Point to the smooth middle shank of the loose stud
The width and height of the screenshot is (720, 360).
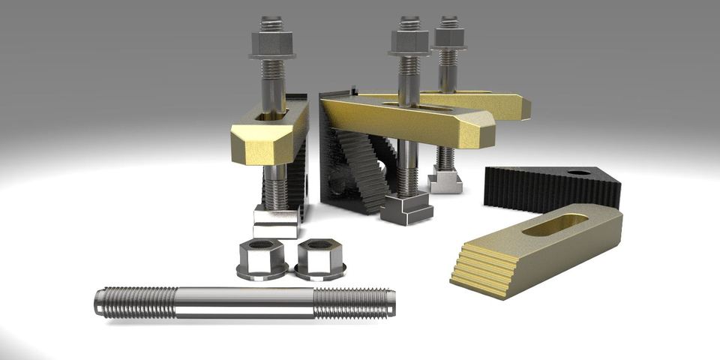(244, 303)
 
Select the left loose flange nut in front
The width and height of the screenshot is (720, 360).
(261, 259)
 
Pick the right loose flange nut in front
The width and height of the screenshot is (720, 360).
(319, 258)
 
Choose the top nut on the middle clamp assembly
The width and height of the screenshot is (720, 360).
(409, 40)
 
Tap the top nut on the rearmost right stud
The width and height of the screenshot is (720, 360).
(449, 36)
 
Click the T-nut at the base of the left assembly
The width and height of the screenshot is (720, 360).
(275, 223)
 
